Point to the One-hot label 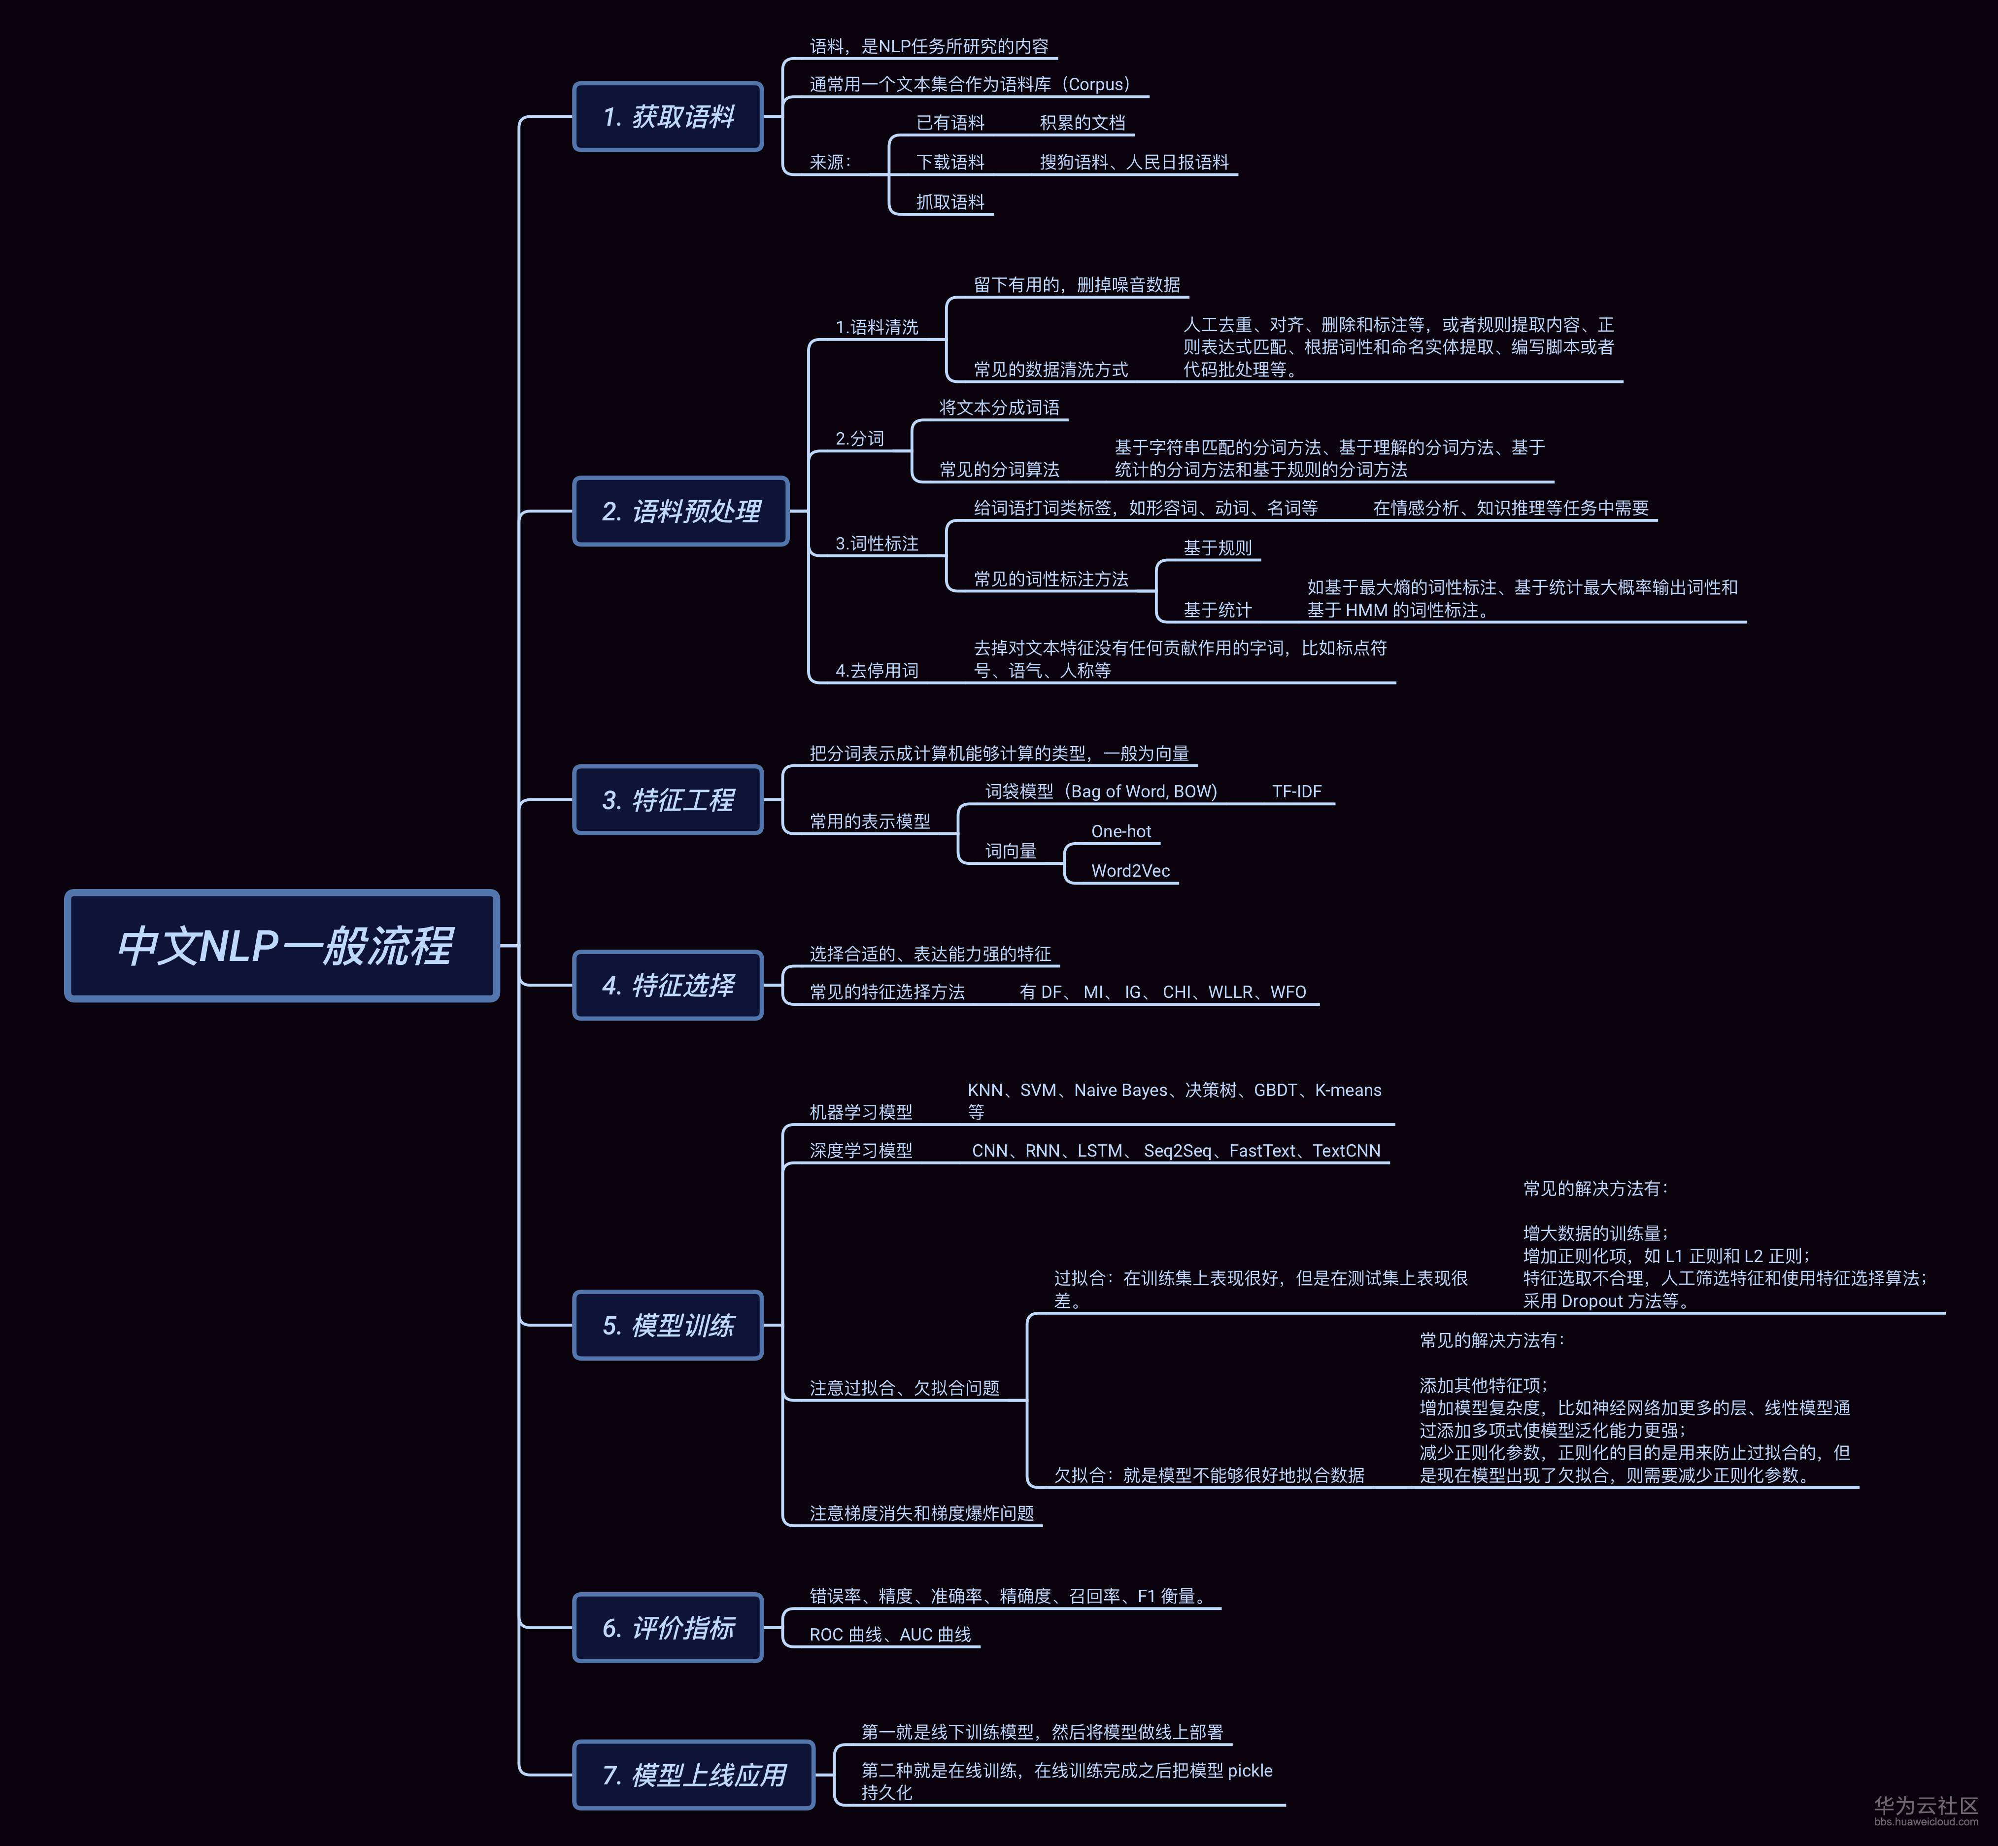tap(1121, 831)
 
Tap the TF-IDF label tap(1297, 791)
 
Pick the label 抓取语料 tap(950, 202)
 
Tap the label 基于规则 tap(1217, 547)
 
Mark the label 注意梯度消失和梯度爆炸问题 tap(921, 1513)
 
